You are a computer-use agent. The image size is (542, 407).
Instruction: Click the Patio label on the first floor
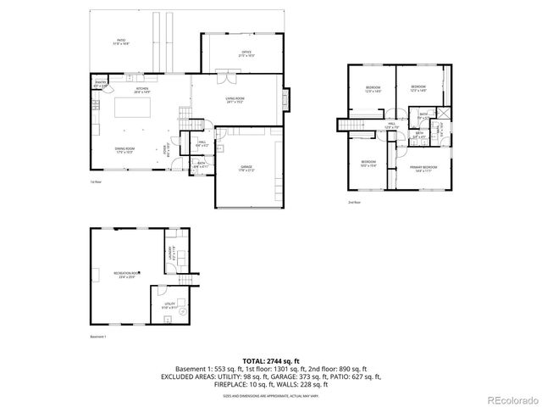click(x=121, y=42)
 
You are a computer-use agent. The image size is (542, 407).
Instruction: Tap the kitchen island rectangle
click(x=139, y=108)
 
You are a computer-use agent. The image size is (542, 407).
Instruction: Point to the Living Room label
click(x=235, y=100)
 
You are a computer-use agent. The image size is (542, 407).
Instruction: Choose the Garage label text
click(x=246, y=168)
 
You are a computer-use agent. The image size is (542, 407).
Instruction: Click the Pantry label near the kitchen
click(x=100, y=84)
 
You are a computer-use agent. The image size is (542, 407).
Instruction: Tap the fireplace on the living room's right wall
click(x=285, y=100)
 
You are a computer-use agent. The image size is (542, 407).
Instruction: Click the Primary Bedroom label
click(x=423, y=169)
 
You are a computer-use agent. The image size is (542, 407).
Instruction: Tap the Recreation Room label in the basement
click(x=127, y=273)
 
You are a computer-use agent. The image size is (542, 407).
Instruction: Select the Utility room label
click(x=169, y=304)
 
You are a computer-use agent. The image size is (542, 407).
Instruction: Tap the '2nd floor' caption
click(x=354, y=203)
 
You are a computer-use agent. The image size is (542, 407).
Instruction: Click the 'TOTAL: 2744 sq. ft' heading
click(x=271, y=360)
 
